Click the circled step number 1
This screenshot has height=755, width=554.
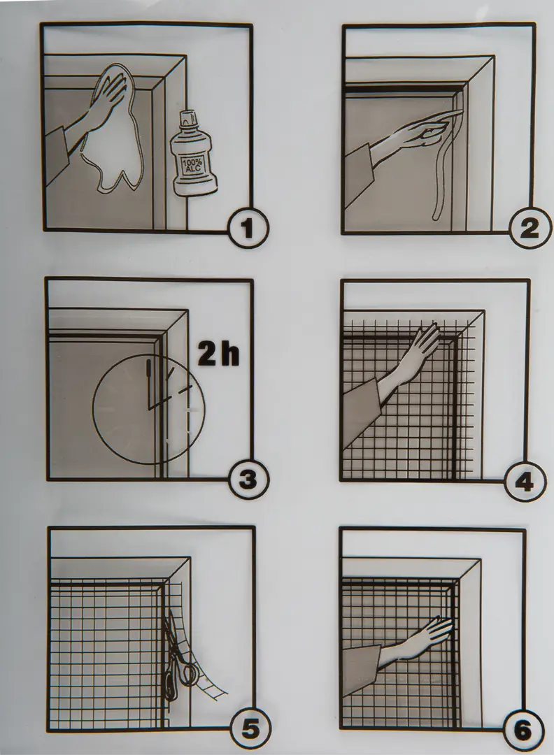point(248,228)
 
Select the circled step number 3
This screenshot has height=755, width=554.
point(248,480)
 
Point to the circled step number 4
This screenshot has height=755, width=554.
point(525,481)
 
